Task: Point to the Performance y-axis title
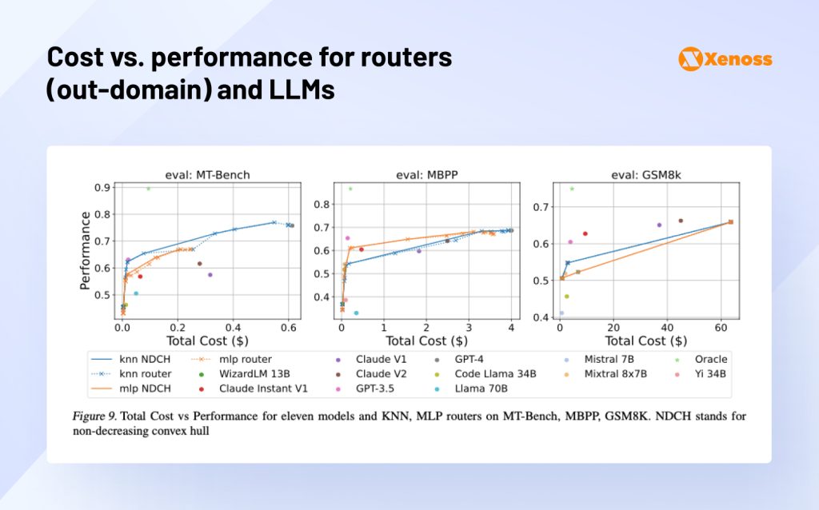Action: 84,250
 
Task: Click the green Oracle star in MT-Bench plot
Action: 148,188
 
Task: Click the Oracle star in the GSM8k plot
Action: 572,189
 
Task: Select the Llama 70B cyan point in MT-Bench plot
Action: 136,293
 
